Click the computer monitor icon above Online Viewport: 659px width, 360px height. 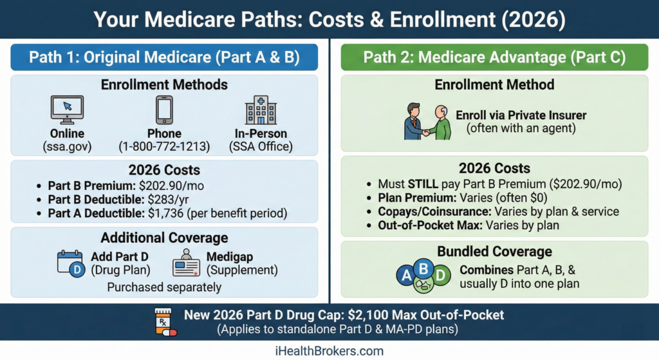(67, 109)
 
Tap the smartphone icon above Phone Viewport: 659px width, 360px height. (164, 109)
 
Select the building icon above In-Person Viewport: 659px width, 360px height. (261, 109)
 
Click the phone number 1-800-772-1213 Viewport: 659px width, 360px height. (164, 146)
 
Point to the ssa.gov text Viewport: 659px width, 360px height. (67, 146)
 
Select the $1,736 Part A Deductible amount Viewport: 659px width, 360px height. (165, 213)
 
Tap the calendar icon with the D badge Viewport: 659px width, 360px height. (71, 263)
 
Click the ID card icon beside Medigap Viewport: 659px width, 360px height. (186, 263)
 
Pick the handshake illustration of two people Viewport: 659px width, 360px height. (427, 122)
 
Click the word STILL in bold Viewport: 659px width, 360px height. (423, 184)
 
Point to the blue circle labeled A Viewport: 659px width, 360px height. (406, 276)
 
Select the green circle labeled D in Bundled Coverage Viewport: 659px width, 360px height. (440, 276)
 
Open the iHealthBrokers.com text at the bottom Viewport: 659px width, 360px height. (329, 351)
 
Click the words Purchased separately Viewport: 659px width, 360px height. (164, 287)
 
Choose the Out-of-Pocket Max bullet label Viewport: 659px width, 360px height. (430, 225)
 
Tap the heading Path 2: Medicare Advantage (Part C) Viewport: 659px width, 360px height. (495, 57)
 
